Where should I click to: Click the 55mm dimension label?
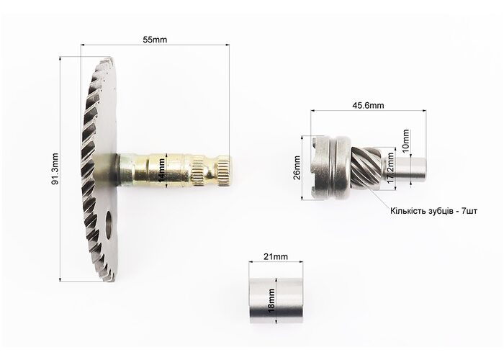[x=155, y=40]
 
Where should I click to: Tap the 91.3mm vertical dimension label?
[x=55, y=168]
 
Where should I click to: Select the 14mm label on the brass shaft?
[x=162, y=171]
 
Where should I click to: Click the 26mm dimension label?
[x=297, y=168]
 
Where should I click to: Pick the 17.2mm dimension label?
[x=390, y=168]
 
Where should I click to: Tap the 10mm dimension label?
[x=405, y=140]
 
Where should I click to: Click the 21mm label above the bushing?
[x=276, y=256]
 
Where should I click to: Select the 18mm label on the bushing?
[x=271, y=301]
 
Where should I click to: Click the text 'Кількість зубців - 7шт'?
[x=433, y=211]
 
